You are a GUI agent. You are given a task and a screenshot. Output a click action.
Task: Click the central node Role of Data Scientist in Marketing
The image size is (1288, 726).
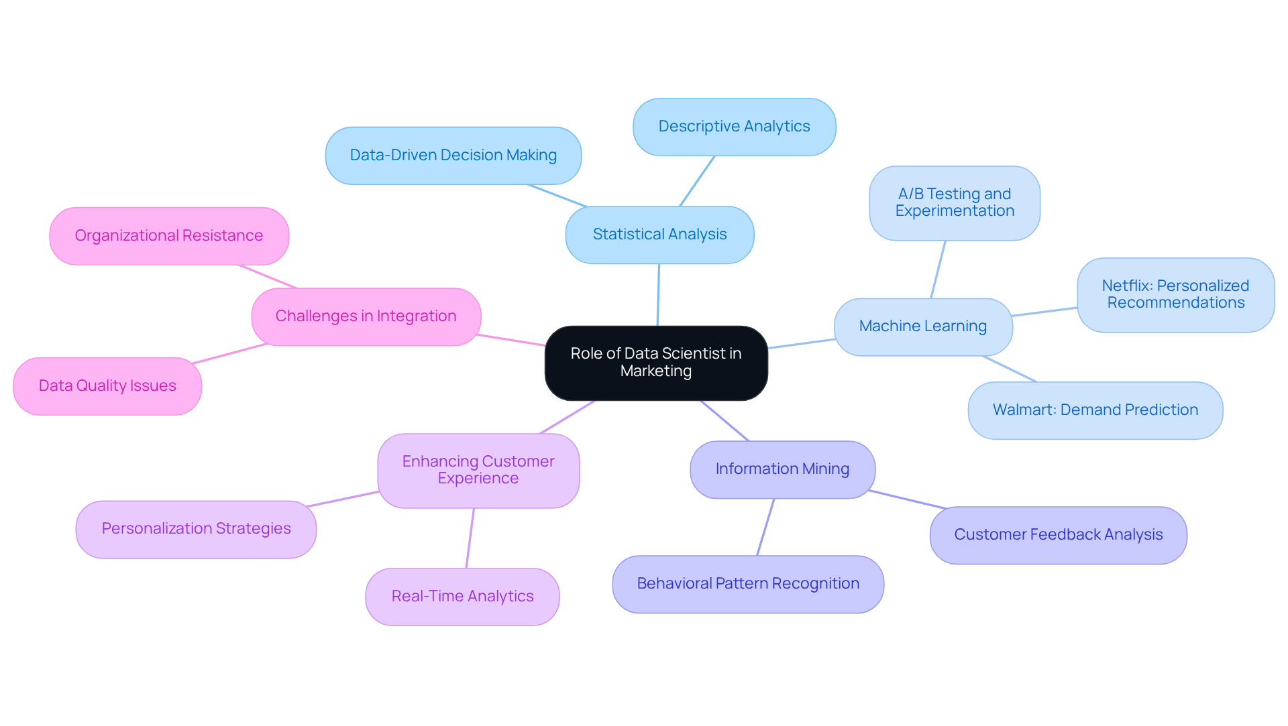(x=655, y=363)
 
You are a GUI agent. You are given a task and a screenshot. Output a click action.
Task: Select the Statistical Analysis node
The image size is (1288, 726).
(x=659, y=235)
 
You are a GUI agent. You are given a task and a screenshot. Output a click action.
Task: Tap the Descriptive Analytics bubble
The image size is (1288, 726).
(x=734, y=127)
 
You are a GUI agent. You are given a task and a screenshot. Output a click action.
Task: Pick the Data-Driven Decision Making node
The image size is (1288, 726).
(x=453, y=156)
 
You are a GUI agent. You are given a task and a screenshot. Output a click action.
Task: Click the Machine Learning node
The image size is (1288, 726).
(x=922, y=326)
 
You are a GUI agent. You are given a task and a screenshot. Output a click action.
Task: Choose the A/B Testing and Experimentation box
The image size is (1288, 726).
(x=954, y=202)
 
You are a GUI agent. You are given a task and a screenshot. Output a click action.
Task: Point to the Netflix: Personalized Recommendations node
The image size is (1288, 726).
(x=1175, y=294)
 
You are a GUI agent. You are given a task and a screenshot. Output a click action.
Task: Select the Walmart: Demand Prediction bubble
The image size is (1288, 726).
(x=1095, y=410)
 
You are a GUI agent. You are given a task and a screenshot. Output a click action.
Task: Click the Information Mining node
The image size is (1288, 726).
(x=782, y=469)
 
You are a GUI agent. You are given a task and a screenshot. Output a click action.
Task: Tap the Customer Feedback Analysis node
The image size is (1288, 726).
(x=1058, y=535)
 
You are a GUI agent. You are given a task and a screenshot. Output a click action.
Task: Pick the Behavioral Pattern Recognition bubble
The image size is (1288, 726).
(x=747, y=584)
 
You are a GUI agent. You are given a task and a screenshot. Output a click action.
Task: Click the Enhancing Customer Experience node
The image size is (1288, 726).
(x=478, y=470)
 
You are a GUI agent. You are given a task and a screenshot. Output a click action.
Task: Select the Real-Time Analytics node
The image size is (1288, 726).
(x=462, y=597)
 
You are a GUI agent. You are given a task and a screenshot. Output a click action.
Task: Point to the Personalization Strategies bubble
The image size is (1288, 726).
(x=196, y=529)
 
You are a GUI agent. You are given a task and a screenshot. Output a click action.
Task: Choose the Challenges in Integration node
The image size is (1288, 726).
(x=366, y=316)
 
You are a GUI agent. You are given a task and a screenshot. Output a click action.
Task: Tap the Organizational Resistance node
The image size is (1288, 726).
(x=168, y=236)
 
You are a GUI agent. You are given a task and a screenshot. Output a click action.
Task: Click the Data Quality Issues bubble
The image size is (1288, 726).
(x=107, y=386)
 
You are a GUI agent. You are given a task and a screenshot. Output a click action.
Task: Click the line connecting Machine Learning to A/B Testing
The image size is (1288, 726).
(x=938, y=269)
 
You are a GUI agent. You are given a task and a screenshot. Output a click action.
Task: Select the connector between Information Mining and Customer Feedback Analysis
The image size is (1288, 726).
(x=906, y=499)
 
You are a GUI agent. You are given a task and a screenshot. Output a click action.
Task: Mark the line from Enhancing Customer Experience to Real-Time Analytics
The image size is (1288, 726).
(x=470, y=538)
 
